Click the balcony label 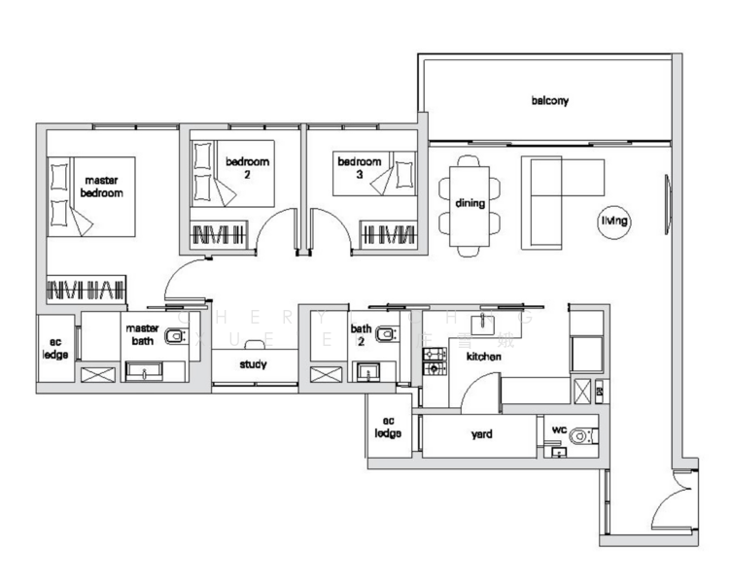click(549, 100)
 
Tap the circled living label click(614, 223)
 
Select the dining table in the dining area click(470, 203)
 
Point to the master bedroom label click(101, 187)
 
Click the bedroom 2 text click(247, 168)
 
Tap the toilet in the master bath click(175, 337)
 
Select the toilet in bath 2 click(385, 335)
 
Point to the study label click(254, 365)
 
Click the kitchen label click(483, 358)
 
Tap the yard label click(480, 434)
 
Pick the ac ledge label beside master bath click(53, 349)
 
